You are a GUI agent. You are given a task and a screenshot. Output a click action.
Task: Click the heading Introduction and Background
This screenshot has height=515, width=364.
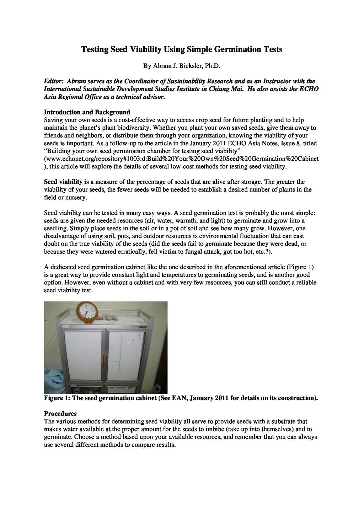pyautogui.click(x=87, y=112)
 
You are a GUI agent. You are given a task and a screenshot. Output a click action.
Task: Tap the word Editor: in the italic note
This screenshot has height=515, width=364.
pyautogui.click(x=54, y=81)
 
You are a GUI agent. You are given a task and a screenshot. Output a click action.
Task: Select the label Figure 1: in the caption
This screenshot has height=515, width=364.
pyautogui.click(x=57, y=398)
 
